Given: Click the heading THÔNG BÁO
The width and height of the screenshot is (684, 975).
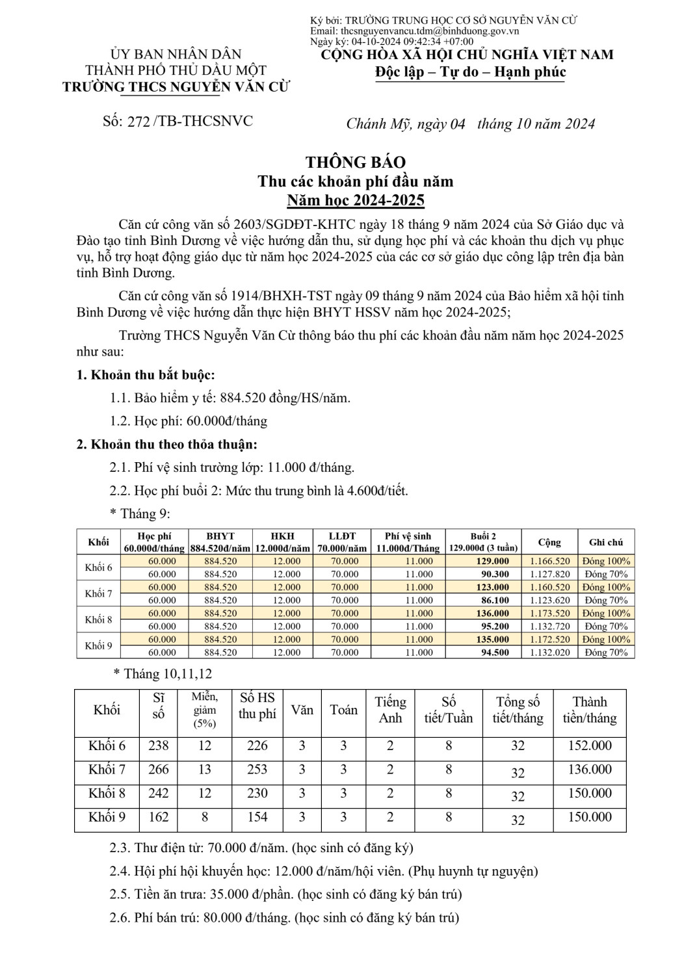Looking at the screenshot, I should click(356, 162).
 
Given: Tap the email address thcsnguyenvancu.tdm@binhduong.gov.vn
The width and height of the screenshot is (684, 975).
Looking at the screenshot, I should click(429, 31).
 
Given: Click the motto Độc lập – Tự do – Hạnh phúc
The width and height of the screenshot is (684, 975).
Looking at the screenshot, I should click(471, 72).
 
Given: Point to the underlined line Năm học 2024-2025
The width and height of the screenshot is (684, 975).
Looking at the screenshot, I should click(356, 200).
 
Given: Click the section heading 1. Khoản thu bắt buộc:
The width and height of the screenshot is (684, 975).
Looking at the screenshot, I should click(146, 374).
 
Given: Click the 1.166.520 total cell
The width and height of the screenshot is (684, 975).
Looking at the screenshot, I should click(549, 561).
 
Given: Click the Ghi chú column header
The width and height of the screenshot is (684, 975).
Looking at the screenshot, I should click(606, 542).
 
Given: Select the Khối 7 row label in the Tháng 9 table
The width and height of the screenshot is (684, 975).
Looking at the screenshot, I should click(99, 593).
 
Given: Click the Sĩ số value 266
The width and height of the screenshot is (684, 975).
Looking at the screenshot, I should click(159, 770).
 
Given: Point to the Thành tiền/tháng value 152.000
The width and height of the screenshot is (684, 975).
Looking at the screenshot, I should click(590, 746).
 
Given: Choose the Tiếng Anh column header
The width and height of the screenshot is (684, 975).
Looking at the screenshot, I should click(390, 710).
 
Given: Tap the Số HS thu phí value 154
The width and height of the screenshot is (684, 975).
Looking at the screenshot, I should click(257, 817).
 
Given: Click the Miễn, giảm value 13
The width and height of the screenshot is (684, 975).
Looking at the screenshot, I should click(205, 770).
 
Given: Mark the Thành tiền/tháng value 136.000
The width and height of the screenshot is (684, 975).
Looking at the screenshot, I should click(590, 770).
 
